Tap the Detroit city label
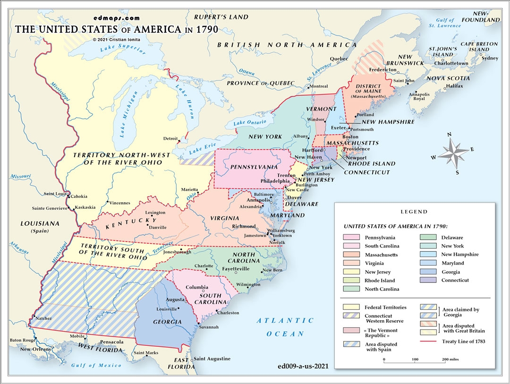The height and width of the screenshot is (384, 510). (170, 138)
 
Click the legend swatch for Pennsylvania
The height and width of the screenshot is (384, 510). (352, 238)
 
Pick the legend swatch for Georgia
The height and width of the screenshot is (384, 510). (428, 272)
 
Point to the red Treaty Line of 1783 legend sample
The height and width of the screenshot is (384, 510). (428, 341)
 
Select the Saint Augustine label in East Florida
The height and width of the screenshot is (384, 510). (212, 359)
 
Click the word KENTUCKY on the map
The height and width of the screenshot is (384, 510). (131, 223)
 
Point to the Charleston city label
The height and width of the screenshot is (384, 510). (228, 313)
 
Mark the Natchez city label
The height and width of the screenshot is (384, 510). (43, 318)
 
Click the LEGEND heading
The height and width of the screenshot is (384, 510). (414, 212)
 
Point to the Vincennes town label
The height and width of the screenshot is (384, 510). (119, 203)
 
